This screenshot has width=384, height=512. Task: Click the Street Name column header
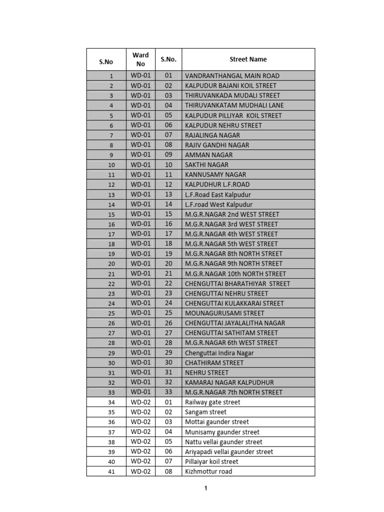pos(248,59)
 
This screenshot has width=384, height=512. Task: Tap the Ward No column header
pos(140,59)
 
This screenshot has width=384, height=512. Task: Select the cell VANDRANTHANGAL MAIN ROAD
pos(232,76)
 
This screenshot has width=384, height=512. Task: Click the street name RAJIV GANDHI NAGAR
pos(217,145)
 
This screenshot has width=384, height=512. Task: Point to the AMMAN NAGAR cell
pos(208,155)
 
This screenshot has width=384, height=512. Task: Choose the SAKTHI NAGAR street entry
pos(206,164)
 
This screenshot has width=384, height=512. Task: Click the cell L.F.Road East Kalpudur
pos(218,194)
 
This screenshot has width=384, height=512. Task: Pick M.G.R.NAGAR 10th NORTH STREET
pos(235,273)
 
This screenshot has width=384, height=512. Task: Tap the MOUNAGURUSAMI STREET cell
pos(224,313)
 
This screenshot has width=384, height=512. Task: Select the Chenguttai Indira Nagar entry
pos(219,352)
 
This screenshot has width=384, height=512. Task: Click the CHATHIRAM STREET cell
pos(214,362)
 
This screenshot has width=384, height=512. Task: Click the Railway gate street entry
pos(212,402)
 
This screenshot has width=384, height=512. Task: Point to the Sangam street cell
pos(205,412)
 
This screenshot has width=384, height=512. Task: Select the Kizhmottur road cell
pos(208,471)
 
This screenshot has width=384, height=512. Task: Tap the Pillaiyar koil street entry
pos(211,461)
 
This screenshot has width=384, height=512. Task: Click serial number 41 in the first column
pos(111,472)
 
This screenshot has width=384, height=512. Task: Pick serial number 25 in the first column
pos(111,313)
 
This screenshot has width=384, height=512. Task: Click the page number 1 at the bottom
pos(205,488)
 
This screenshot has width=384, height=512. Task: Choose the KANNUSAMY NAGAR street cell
pos(215,174)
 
